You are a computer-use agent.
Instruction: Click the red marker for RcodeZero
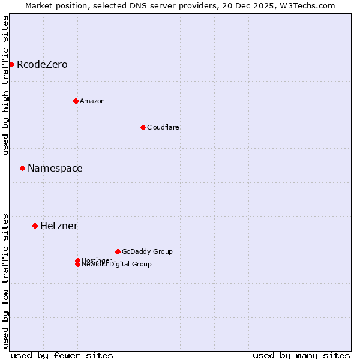pos(11,64)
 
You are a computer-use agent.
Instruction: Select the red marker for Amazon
pos(76,101)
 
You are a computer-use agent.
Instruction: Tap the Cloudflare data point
pos(143,127)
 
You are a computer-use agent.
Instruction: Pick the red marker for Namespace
pos(22,168)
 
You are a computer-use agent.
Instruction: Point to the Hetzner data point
pos(35,226)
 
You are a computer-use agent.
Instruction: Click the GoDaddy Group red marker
pos(118,251)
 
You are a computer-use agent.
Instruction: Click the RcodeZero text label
pos(42,64)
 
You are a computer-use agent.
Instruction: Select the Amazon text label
pos(92,101)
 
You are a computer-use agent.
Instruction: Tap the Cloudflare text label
pos(163,127)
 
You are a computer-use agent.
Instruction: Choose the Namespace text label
pos(55,168)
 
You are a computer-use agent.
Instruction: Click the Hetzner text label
pos(59,226)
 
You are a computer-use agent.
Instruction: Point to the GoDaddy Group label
pos(147,251)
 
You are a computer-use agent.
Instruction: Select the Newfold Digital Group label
pos(117,265)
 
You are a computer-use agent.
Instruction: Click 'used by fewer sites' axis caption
pos(62,355)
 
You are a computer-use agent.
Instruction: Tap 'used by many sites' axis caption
pos(301,355)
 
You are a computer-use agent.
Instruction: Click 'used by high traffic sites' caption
pos(5,85)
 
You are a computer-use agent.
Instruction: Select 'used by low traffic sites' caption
pos(5,280)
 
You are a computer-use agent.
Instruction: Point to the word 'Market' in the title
pos(39,5)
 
